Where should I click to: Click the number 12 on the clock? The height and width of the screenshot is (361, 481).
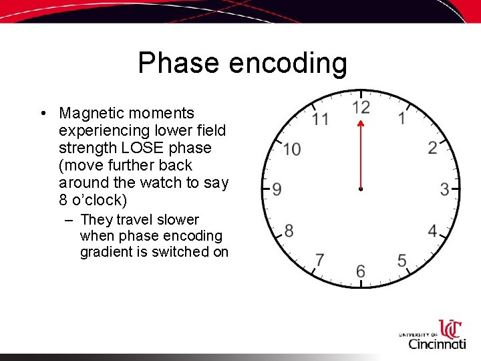[x=361, y=108]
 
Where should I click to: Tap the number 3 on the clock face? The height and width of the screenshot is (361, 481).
[x=444, y=189]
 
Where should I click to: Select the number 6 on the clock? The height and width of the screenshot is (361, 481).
[x=361, y=271]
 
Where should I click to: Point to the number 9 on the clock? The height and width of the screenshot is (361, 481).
[x=277, y=189]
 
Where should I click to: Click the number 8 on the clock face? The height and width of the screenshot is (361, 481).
[x=289, y=231]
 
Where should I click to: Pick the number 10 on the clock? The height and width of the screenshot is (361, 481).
[x=291, y=148]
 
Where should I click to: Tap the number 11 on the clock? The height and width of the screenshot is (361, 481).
[x=320, y=119]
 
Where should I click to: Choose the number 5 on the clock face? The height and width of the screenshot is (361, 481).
[x=402, y=260]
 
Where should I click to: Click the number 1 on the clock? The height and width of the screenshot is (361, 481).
[x=402, y=118]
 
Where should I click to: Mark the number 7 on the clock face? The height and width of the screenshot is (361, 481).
[x=320, y=260]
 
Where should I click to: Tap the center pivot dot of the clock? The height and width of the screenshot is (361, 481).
[x=361, y=190]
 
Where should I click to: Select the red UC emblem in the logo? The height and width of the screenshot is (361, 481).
[x=450, y=329]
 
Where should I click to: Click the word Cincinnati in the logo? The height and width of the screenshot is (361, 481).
[x=437, y=344]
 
